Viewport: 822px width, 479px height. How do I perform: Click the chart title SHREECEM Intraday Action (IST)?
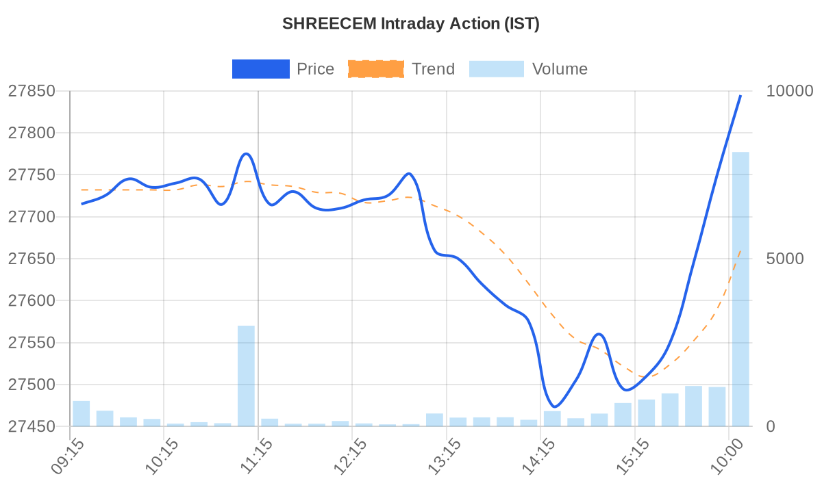[x=411, y=23]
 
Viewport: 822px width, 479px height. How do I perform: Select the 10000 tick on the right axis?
[x=789, y=91]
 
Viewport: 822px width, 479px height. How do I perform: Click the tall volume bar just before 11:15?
[x=246, y=376]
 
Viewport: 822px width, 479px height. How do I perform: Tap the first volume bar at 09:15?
[x=82, y=413]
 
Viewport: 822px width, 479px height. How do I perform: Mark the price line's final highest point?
[x=740, y=96]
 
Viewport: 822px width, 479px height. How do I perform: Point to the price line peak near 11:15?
[x=246, y=154]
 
